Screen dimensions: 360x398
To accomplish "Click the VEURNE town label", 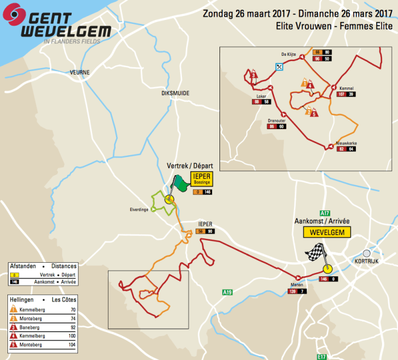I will pyautogui.click(x=80, y=72).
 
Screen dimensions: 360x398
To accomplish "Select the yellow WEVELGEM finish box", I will pyautogui.click(x=327, y=232).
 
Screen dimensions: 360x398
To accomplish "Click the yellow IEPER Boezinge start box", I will pyautogui.click(x=202, y=179).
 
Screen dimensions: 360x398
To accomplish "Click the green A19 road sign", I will pyautogui.click(x=227, y=292).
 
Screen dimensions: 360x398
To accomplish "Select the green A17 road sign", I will pyautogui.click(x=325, y=212).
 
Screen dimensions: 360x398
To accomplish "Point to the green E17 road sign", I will pyautogui.click(x=322, y=357).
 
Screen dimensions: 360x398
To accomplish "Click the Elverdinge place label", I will pyautogui.click(x=139, y=209).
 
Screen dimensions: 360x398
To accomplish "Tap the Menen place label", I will pyautogui.click(x=297, y=285).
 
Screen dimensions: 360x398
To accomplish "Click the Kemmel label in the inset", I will pyautogui.click(x=346, y=89).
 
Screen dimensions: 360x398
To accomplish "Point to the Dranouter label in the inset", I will pyautogui.click(x=276, y=121).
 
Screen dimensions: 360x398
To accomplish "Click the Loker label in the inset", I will pyautogui.click(x=262, y=96).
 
